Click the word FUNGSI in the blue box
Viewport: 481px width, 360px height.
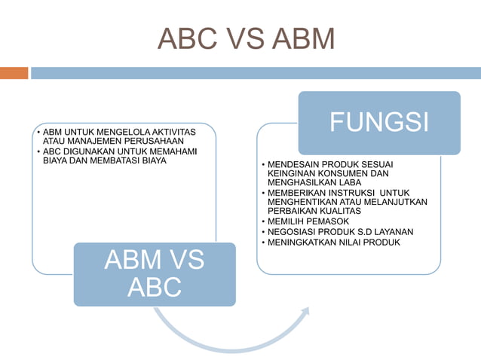point(378,122)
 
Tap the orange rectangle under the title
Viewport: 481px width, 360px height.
point(14,73)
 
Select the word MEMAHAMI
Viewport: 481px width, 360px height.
point(173,151)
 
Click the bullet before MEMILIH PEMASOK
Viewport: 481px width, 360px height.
point(262,222)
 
